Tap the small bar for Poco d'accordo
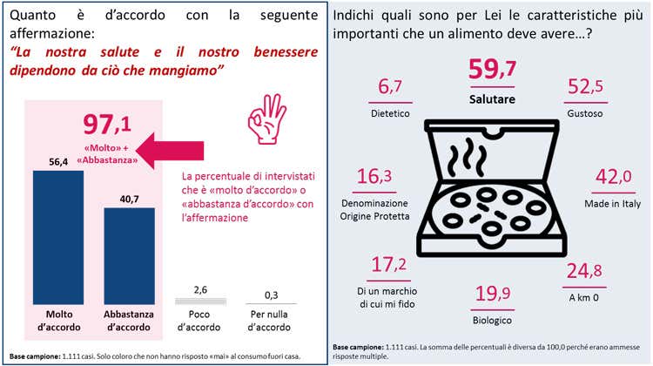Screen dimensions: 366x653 pos(199,296)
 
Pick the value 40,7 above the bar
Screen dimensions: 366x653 pos(128,200)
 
